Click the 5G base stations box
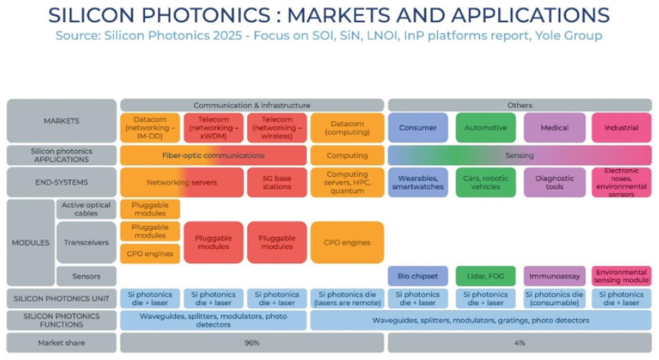point(277,183)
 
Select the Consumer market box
point(417,128)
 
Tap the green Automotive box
point(485,128)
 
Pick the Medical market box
point(554,128)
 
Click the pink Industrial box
point(622,128)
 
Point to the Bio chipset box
point(417,276)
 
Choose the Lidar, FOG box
point(485,276)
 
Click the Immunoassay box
point(554,276)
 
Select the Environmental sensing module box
point(622,276)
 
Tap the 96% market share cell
point(252,343)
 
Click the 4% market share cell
point(519,343)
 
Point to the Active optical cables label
point(86,209)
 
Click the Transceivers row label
point(86,243)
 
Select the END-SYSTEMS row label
point(61,183)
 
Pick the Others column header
point(519,105)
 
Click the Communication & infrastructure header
point(252,105)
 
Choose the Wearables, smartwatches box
point(417,183)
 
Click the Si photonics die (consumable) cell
point(554,299)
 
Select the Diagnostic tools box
point(554,183)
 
